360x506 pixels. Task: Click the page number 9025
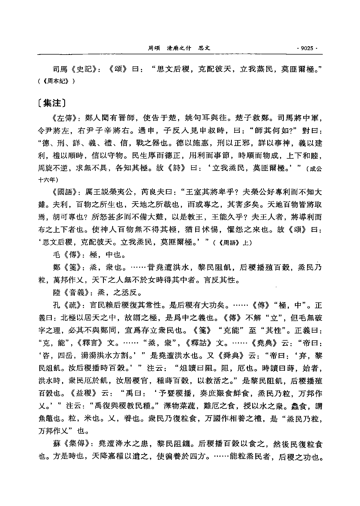[x=307, y=48]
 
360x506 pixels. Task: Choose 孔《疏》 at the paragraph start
[x=69, y=305]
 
